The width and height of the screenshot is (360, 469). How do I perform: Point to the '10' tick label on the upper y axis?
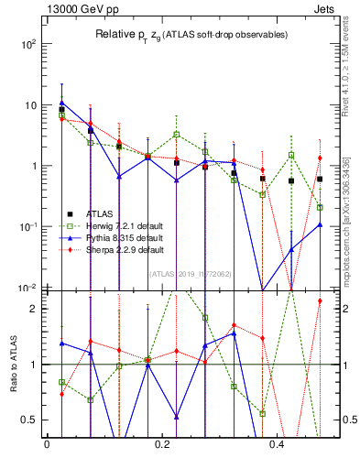[x=28, y=105]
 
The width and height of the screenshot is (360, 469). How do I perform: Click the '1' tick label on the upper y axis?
[x=32, y=166]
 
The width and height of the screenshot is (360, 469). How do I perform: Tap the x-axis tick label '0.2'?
[x=163, y=445]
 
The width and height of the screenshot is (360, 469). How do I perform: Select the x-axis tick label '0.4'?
[x=279, y=445]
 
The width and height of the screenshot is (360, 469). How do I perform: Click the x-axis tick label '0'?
[x=47, y=445]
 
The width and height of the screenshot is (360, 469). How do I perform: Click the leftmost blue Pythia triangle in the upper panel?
[x=61, y=103]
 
